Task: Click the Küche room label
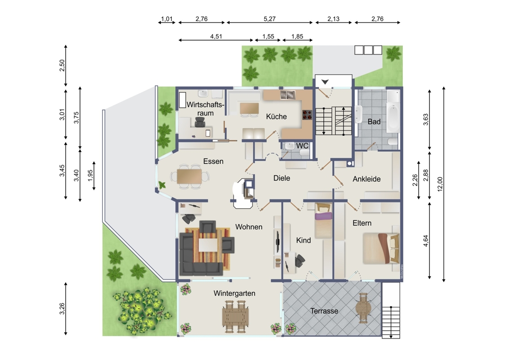(276, 116)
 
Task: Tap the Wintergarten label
(234, 293)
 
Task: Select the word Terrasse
(324, 311)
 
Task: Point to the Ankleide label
(366, 179)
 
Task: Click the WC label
(302, 146)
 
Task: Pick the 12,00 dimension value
(440, 184)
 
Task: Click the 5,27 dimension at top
(269, 19)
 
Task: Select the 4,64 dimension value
(425, 241)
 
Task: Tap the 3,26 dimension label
(62, 309)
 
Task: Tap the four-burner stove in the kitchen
(307, 114)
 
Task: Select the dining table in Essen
(189, 176)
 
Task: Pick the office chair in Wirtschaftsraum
(200, 122)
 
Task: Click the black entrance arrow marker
(325, 82)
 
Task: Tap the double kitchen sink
(288, 95)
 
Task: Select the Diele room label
(281, 178)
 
